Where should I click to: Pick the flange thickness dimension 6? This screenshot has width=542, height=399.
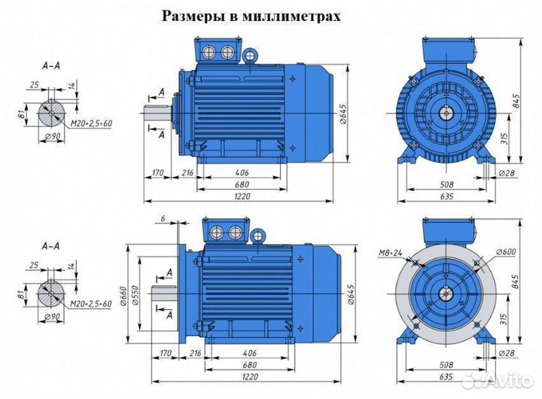(162, 218)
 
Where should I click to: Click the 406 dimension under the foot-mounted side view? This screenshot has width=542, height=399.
(242, 173)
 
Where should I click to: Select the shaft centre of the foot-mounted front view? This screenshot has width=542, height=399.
(446, 113)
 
